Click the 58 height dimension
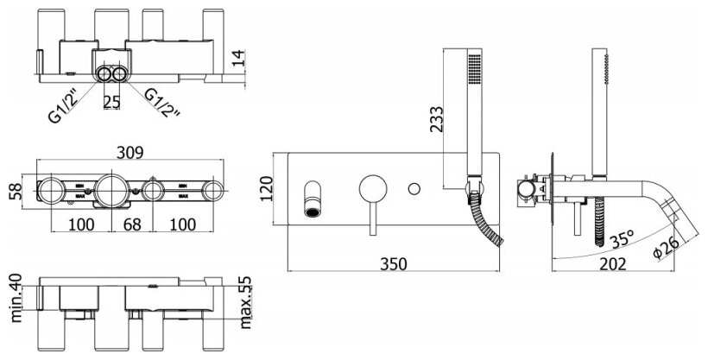pyautogui.click(x=14, y=190)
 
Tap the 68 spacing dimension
pyautogui.click(x=132, y=226)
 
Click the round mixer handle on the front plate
pyautogui.click(x=373, y=187)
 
